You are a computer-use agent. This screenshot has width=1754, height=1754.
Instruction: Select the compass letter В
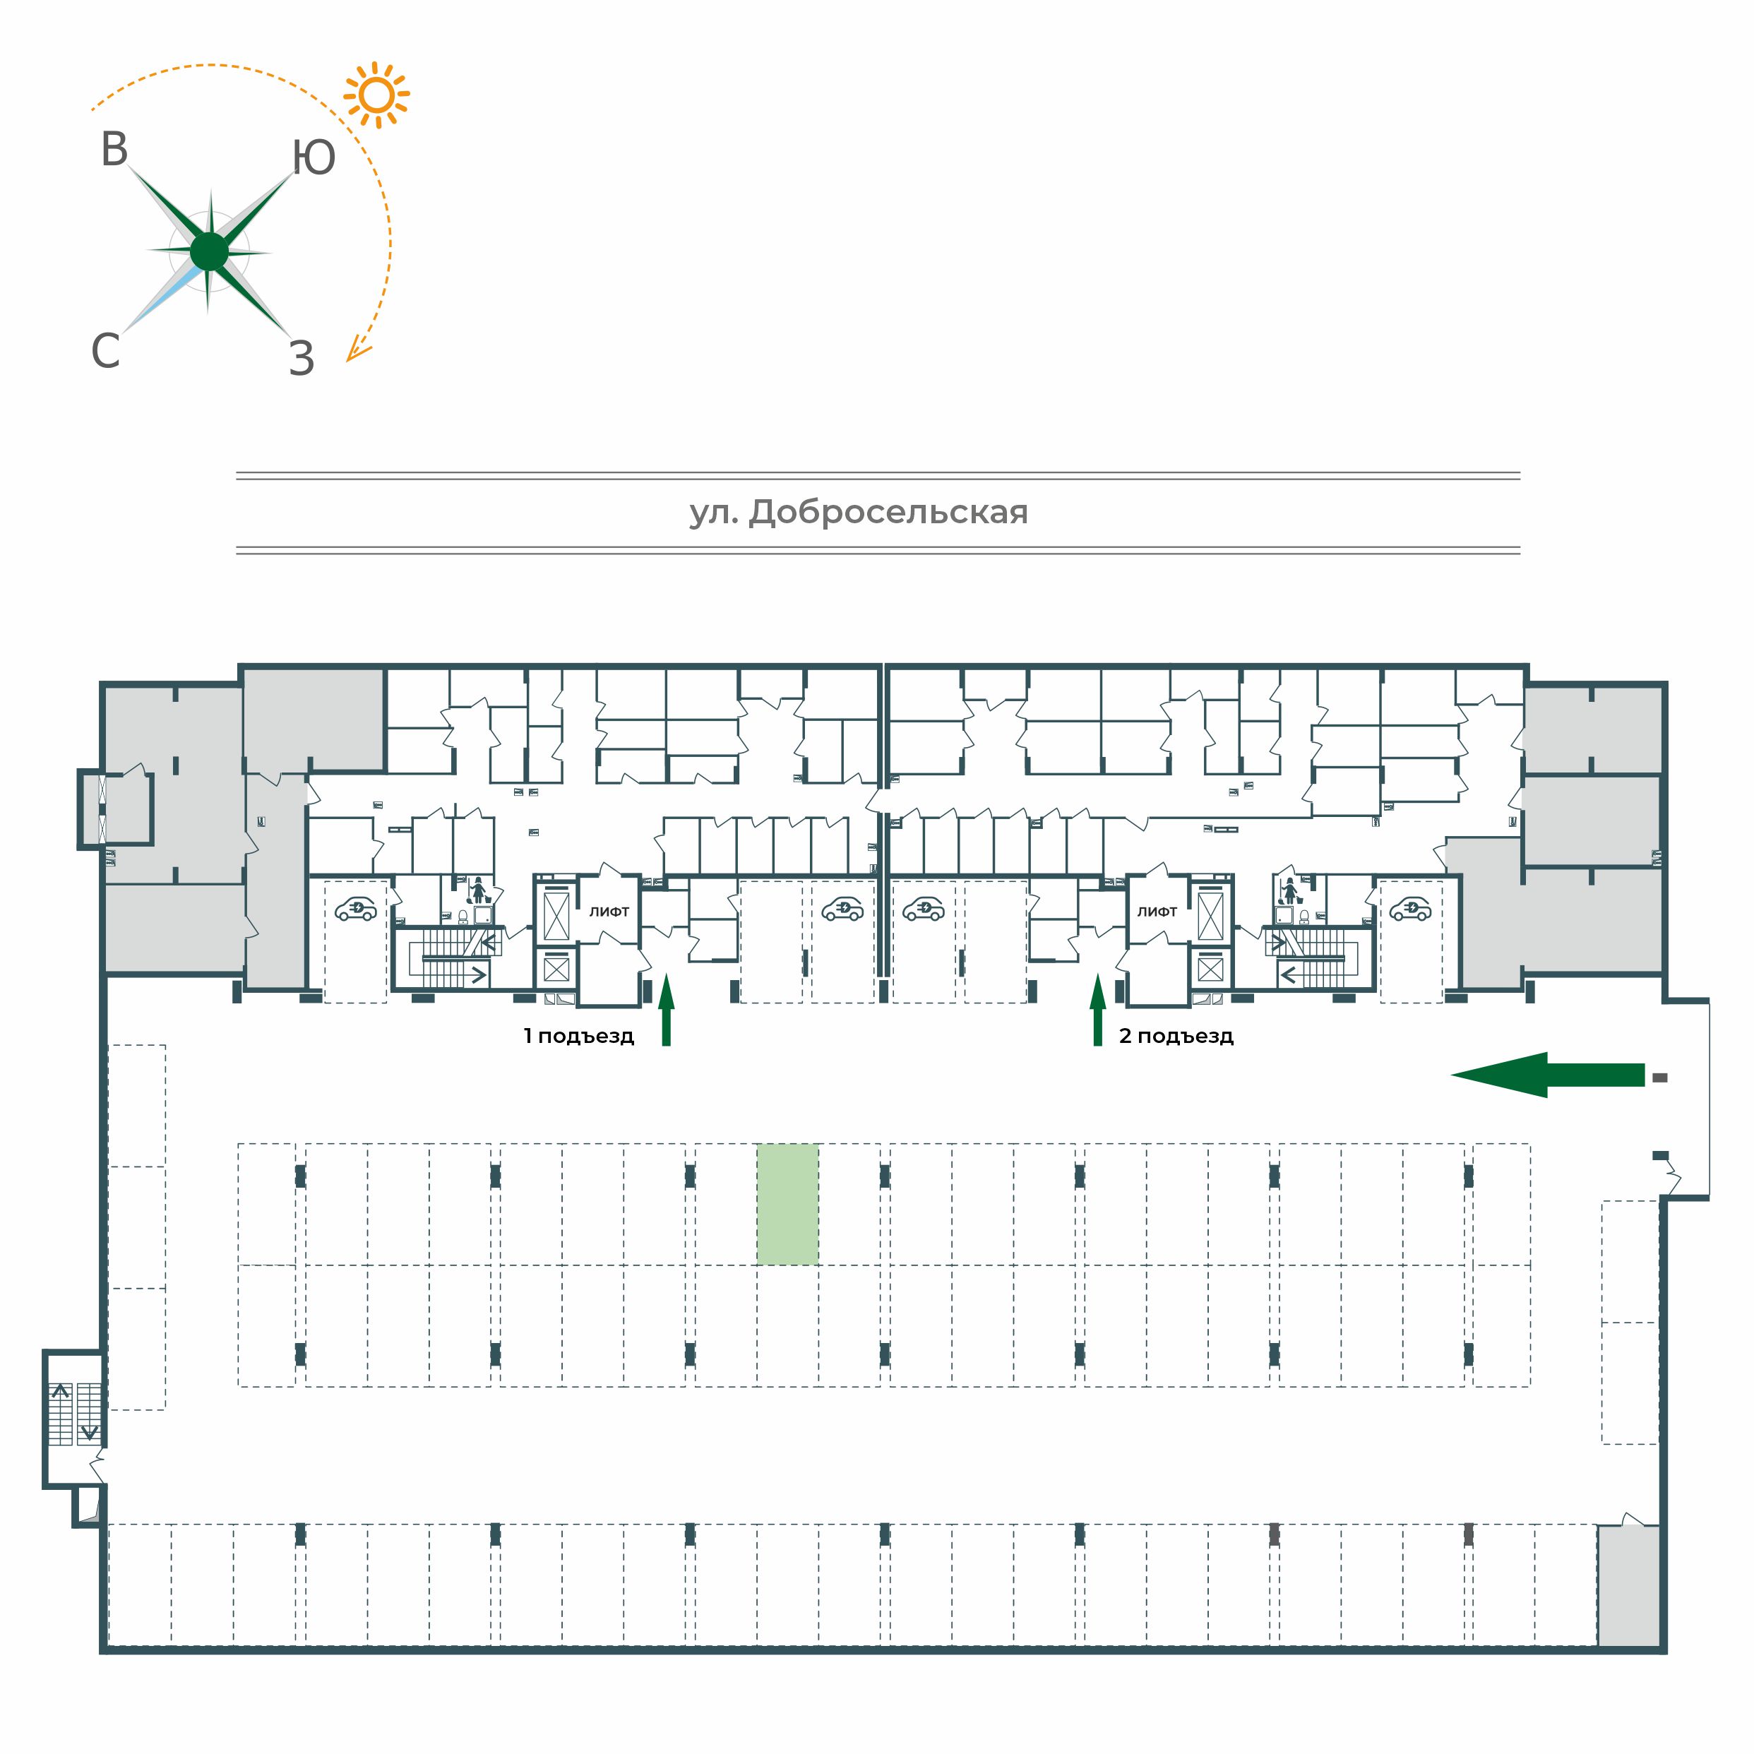click(x=114, y=150)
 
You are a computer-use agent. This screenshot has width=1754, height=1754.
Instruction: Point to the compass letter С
click(x=105, y=350)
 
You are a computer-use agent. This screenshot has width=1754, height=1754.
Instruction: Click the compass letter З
click(x=302, y=359)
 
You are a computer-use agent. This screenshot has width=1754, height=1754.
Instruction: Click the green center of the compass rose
click(x=210, y=251)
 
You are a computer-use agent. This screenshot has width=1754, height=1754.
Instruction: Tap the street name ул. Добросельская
click(x=859, y=513)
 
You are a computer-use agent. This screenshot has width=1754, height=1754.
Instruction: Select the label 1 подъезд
click(x=578, y=1036)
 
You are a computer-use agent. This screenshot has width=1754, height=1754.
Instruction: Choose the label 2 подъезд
click(x=1176, y=1036)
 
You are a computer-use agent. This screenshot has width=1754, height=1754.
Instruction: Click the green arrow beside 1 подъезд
click(x=667, y=1010)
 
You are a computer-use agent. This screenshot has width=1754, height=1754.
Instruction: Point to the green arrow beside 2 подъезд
click(x=1097, y=1010)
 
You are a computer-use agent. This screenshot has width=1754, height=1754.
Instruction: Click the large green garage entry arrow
click(x=1547, y=1075)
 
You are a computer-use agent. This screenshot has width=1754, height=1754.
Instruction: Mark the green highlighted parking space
click(x=788, y=1204)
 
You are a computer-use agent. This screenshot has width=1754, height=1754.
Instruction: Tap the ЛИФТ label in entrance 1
click(x=609, y=912)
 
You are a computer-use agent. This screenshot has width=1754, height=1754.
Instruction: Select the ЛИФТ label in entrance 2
click(x=1157, y=912)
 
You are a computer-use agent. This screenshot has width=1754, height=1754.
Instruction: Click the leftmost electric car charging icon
click(x=356, y=909)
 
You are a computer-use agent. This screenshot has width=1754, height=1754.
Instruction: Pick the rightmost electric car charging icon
click(x=1411, y=909)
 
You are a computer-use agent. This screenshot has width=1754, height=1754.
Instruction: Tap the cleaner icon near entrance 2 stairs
click(x=1287, y=890)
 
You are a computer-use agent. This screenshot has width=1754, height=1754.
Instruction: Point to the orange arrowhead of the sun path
click(x=357, y=350)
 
